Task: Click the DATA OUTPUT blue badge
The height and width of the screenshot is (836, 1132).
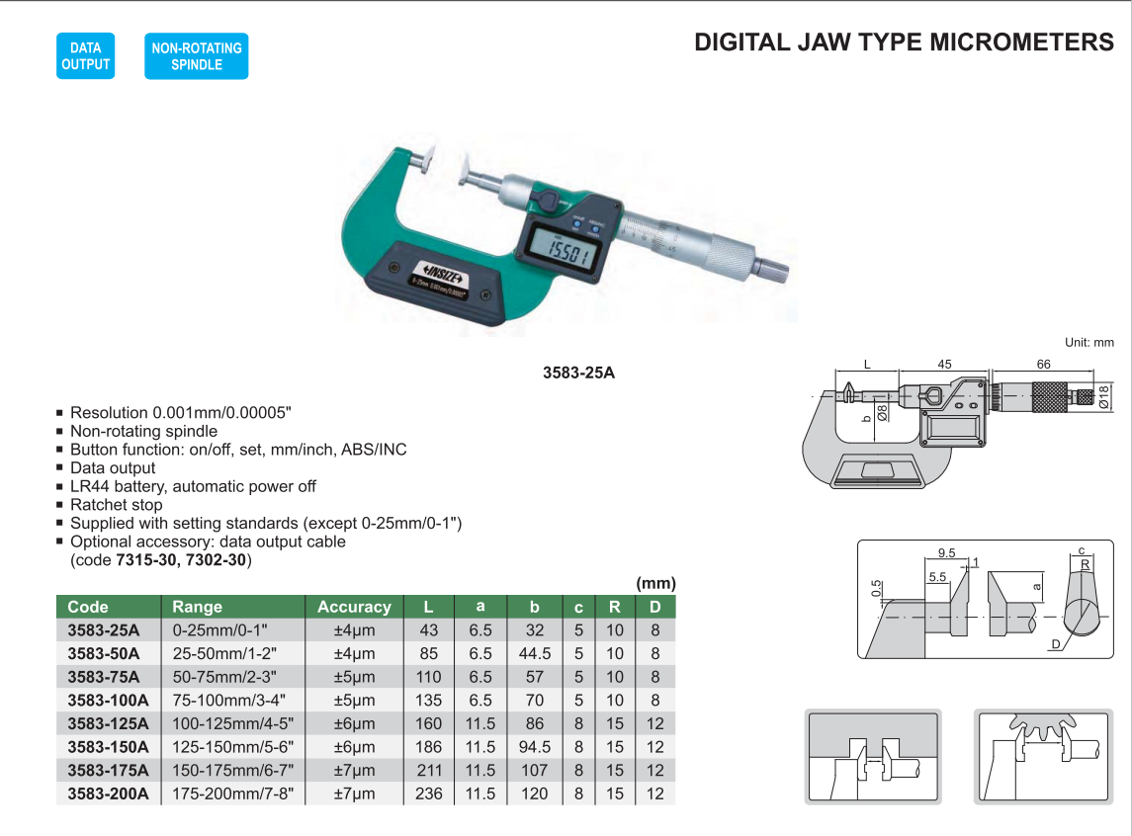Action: click(85, 55)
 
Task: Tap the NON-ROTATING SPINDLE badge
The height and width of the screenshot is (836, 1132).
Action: click(197, 55)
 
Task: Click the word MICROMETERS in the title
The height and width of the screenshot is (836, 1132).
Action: click(1021, 42)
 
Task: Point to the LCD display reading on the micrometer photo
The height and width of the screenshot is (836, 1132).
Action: click(566, 252)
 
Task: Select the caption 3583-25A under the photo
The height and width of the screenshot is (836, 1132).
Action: click(579, 373)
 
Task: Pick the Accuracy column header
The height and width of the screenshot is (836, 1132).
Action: click(354, 607)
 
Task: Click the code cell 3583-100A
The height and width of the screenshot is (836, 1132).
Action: click(109, 700)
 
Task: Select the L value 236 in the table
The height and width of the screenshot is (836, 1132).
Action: click(429, 794)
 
